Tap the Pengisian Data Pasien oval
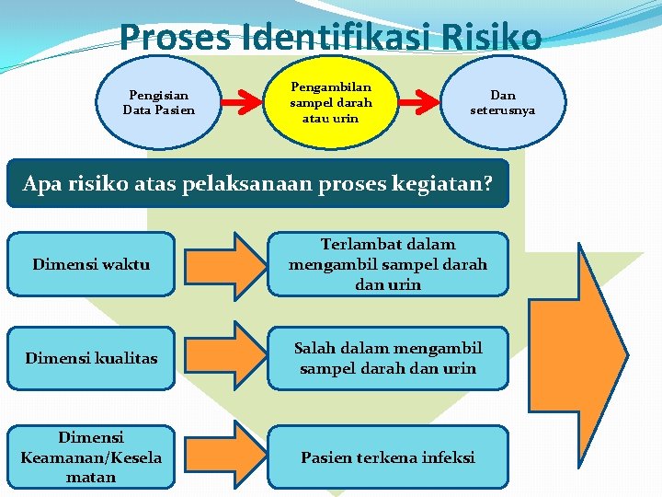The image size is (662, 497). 159,102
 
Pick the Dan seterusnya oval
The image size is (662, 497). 503,102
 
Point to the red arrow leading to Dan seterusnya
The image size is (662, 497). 421,102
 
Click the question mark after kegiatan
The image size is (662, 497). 500,183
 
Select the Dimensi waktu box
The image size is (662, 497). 90,264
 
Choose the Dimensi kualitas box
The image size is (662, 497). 90,358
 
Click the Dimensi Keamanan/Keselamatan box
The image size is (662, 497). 90,457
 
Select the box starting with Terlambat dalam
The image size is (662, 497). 387,264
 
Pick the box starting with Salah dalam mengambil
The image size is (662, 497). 387,358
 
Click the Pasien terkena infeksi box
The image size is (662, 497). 387,457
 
